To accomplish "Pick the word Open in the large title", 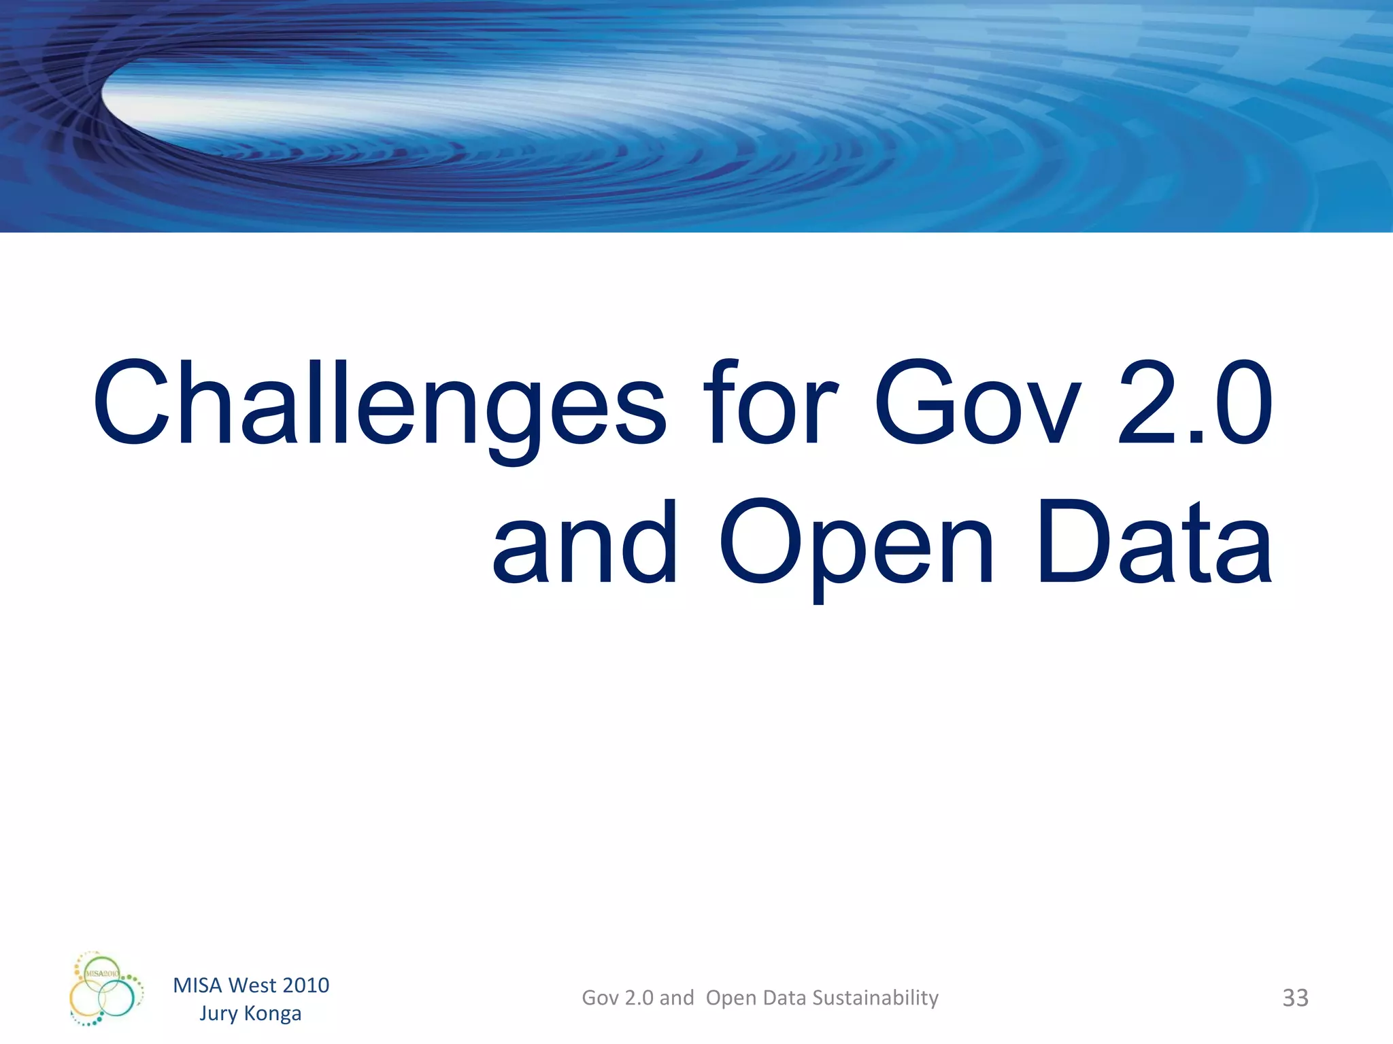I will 857,544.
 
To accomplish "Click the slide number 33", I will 1295,998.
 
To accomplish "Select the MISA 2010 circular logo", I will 105,990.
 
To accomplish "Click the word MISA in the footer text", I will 198,985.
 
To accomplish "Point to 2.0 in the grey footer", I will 639,998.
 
